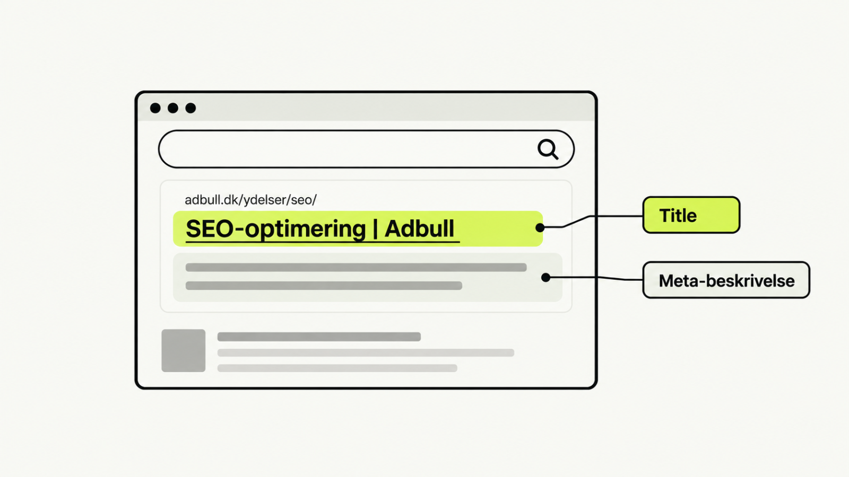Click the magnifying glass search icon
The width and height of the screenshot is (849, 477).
(548, 149)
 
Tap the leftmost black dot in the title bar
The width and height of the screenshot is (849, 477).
(155, 108)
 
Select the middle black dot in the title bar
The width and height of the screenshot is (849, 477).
(173, 108)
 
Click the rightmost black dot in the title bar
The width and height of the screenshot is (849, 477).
(190, 108)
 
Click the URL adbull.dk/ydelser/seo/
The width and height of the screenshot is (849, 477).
(250, 200)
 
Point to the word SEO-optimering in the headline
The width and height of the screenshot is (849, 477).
(276, 229)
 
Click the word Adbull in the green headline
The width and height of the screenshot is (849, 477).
(419, 228)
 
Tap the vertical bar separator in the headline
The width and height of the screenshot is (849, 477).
(375, 228)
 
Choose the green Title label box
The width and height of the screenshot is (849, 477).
(691, 215)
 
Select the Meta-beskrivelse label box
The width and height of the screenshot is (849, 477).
(726, 280)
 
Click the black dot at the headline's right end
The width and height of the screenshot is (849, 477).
(540, 227)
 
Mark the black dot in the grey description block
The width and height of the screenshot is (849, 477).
(546, 278)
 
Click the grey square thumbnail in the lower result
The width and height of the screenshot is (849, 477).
(184, 350)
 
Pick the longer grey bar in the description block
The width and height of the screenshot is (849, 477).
(356, 268)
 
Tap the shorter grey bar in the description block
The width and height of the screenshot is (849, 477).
(324, 286)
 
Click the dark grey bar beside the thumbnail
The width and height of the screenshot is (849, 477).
(319, 337)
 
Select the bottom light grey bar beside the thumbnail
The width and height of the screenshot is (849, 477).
(337, 368)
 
